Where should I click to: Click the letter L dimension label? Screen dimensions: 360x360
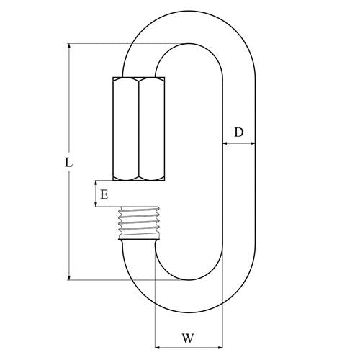click(x=68, y=163)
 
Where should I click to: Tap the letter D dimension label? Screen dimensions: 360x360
click(x=239, y=132)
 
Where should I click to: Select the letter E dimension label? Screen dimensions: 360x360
click(x=104, y=194)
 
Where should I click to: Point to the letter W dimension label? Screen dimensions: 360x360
click(x=188, y=338)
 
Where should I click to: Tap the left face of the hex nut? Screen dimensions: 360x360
click(x=126, y=129)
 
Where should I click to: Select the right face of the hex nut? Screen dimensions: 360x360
click(x=152, y=129)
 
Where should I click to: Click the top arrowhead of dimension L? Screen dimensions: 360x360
click(x=69, y=46)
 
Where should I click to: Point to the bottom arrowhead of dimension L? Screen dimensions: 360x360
click(x=69, y=277)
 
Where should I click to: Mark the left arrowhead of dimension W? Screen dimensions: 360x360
click(x=158, y=347)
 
